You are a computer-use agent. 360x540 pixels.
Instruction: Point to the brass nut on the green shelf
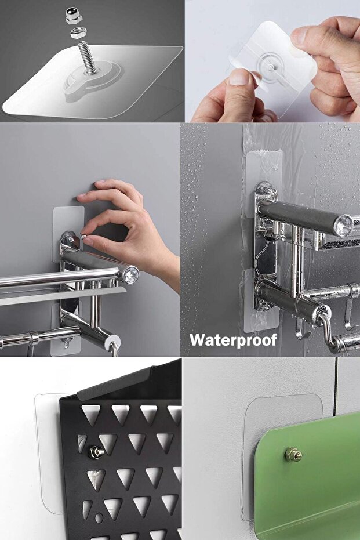coord(293,455)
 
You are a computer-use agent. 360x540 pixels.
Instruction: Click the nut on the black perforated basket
coord(96,452)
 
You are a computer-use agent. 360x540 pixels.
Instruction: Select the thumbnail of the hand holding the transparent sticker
coord(272,61)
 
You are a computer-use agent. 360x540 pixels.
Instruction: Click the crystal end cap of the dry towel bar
coord(131,275)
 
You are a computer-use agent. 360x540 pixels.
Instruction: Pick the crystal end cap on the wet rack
coord(343,226)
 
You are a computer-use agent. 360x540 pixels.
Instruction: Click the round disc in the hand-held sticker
coord(272,64)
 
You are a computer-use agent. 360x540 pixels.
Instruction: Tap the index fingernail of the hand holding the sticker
coord(238,77)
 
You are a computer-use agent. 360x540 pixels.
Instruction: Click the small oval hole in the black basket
coord(99,517)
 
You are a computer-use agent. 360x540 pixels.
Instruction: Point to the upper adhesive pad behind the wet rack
coord(264,184)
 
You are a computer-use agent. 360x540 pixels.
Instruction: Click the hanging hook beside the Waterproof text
coord(300,330)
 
